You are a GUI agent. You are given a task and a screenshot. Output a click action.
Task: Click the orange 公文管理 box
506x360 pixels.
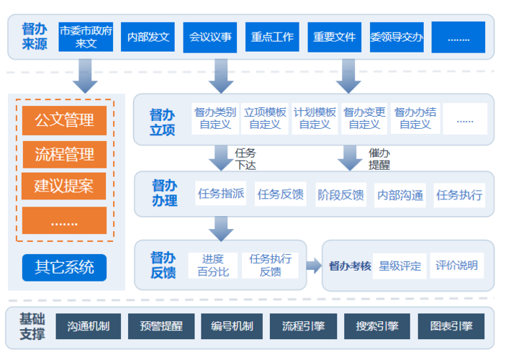coord(64,120)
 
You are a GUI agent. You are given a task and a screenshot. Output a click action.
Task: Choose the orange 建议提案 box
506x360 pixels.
coord(64,186)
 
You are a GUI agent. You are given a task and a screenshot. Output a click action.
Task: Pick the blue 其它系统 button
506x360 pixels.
coord(64,267)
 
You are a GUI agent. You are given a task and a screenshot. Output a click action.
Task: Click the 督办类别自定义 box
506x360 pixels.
coord(214,118)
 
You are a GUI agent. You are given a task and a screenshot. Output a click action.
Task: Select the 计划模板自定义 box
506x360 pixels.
coord(315,118)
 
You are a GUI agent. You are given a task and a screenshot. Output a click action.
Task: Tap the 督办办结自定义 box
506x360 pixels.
coord(415,118)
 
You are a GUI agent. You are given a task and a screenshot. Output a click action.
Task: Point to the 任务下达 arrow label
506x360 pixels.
coord(245,158)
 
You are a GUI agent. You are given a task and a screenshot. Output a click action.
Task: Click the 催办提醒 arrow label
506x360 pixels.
coord(379,158)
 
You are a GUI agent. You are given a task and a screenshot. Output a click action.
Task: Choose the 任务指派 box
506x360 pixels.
coord(221,194)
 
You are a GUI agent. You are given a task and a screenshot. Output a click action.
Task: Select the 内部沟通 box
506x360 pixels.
coord(400,194)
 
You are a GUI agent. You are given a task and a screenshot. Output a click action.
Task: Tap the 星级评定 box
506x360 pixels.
coord(400,266)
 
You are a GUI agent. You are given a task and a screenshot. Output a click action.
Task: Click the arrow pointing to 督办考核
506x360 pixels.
coord(313,266)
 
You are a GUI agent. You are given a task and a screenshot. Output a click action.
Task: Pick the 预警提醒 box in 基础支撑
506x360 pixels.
coord(156,326)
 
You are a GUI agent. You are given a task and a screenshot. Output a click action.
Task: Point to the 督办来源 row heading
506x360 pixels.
coord(34,36)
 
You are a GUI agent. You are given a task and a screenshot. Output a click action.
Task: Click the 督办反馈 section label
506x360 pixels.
coord(163,265)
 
